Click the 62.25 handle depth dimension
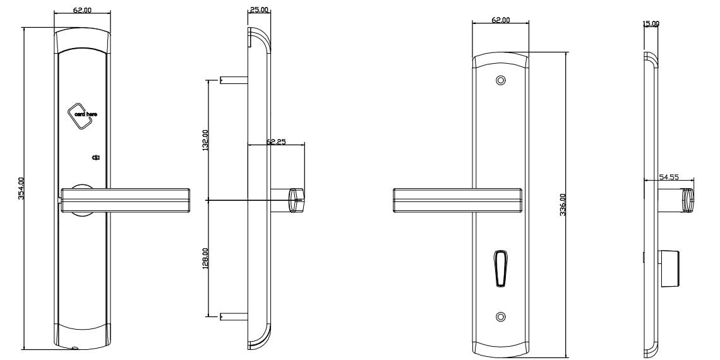pos(276,142)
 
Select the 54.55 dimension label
pos(668,177)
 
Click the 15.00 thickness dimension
pos(651,23)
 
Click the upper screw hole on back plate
pos(501,81)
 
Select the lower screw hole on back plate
pos(501,316)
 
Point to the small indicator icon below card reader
pos(97,158)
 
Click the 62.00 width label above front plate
pos(82,11)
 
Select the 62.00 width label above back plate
pos(501,20)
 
